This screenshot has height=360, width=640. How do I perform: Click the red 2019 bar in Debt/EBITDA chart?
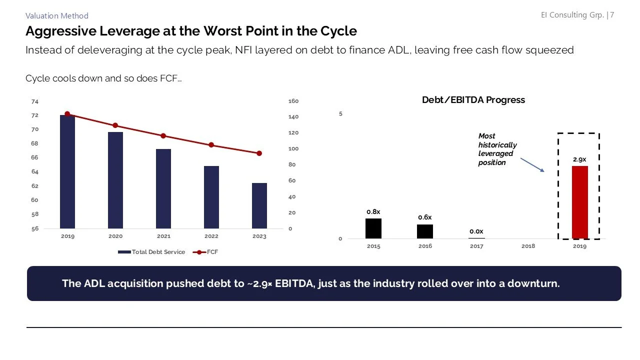tap(579, 202)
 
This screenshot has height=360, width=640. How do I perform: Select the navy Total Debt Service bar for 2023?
tap(259, 205)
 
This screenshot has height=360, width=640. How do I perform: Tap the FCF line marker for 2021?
tap(163, 136)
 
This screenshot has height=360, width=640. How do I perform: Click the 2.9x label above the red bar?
tap(579, 159)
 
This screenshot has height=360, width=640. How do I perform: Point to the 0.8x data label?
tap(373, 212)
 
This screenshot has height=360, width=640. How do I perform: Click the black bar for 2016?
tap(425, 231)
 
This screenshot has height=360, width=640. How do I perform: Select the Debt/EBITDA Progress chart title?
tap(473, 100)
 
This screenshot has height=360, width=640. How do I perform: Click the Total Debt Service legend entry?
tap(152, 252)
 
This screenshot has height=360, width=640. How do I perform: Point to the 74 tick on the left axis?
tap(34, 101)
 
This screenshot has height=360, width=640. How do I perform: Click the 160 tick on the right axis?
tap(293, 101)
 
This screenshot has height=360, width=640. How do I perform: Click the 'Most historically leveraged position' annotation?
tap(497, 149)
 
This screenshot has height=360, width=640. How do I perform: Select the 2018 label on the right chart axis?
tap(528, 246)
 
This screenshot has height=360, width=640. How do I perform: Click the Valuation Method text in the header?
tap(56, 16)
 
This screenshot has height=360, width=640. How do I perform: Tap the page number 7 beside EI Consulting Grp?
tap(612, 15)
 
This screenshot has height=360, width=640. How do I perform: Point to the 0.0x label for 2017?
tap(476, 231)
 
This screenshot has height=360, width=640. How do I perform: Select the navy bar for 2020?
tap(115, 180)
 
